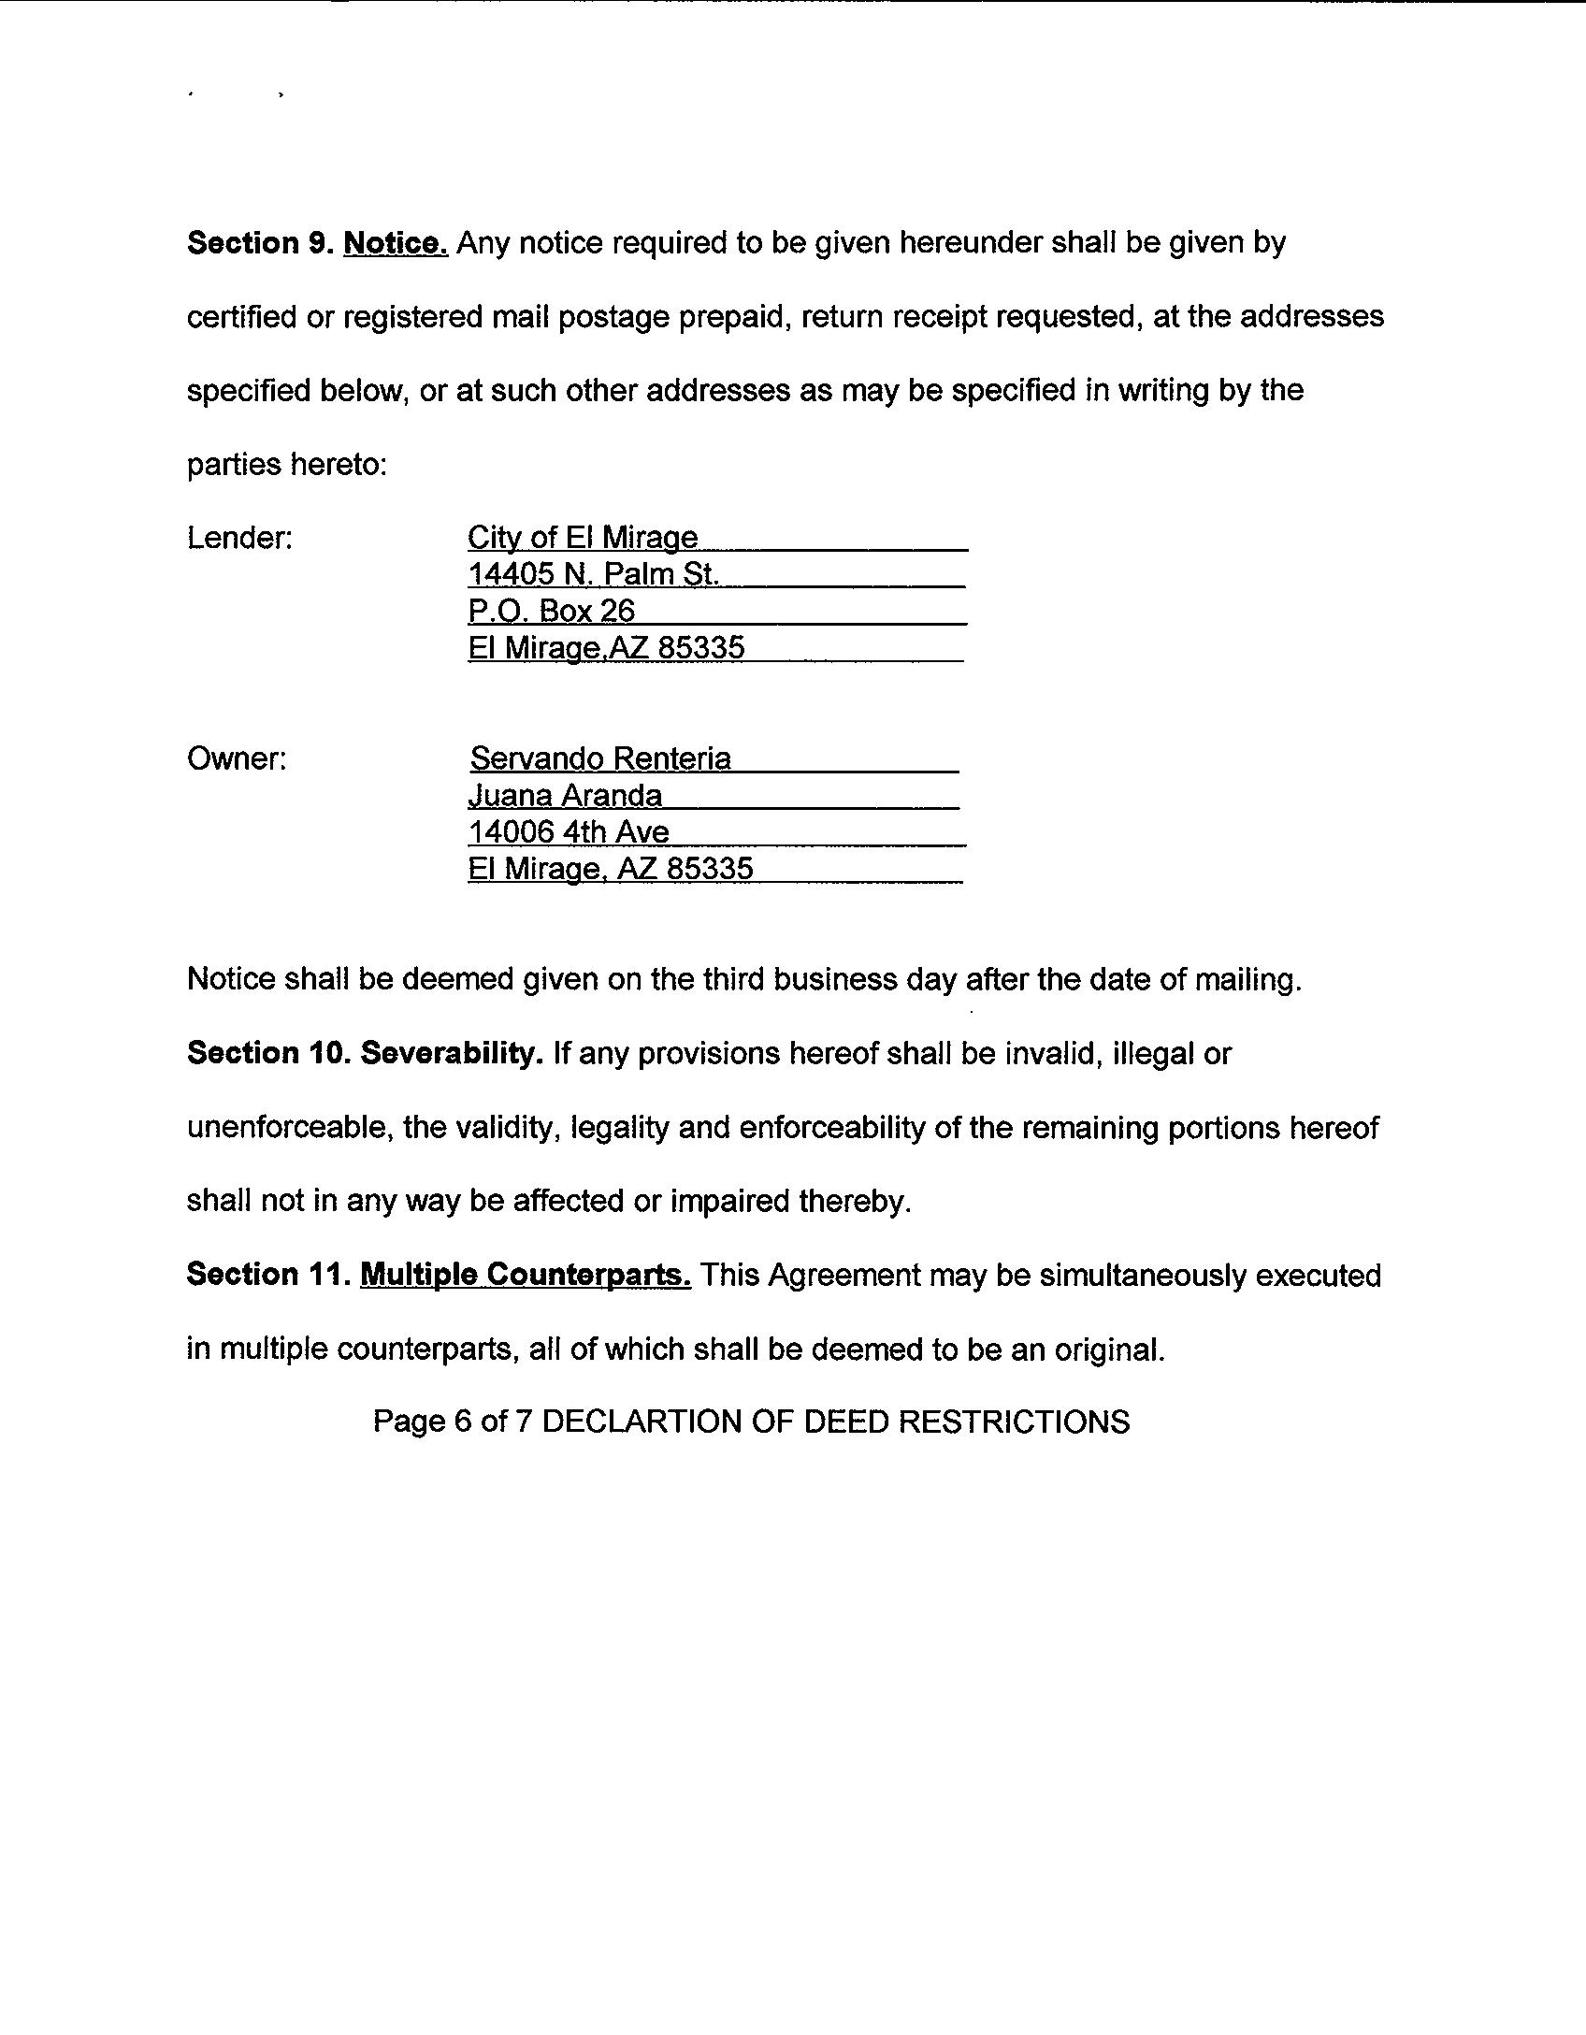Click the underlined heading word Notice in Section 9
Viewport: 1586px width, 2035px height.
(x=396, y=243)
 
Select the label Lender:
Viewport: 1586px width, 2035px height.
(x=240, y=538)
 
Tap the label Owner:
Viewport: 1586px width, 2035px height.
(x=237, y=758)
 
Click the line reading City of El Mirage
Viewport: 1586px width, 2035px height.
(x=583, y=538)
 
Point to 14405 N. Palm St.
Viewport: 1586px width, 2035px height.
(x=593, y=574)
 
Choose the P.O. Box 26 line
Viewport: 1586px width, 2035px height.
(x=552, y=611)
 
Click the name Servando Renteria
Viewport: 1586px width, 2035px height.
(x=600, y=758)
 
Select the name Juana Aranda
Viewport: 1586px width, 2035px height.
(x=565, y=796)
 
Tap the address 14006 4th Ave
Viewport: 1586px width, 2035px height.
(x=569, y=832)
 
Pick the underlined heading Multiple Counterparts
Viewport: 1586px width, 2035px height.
(x=526, y=1275)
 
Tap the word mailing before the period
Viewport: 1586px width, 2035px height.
(x=1240, y=980)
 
